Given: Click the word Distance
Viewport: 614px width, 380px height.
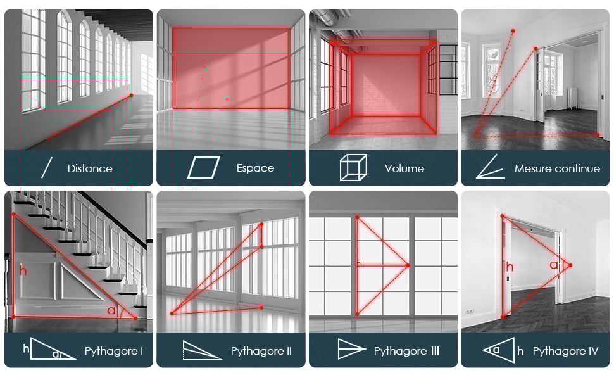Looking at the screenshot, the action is tap(90, 168).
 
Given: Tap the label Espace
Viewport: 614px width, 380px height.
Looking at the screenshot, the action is tap(255, 168).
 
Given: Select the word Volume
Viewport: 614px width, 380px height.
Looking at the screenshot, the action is tap(404, 168).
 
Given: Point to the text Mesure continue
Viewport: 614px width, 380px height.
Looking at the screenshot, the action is tap(557, 168).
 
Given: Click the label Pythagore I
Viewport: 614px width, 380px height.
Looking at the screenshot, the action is tap(114, 351).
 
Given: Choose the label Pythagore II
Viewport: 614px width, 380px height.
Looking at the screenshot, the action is tap(261, 351).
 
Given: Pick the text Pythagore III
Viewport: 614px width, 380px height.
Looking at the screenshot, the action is tap(406, 351).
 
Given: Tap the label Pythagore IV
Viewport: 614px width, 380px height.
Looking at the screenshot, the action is tap(565, 351).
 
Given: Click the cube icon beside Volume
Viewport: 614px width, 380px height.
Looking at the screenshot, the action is tap(353, 167).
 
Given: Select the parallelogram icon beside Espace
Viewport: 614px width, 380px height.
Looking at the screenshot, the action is tap(203, 168).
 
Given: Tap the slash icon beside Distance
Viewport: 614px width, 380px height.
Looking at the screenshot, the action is tap(47, 168).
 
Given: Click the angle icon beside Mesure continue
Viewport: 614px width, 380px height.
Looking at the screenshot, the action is tap(491, 167).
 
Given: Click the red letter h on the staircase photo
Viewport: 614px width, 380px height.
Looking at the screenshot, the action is tap(23, 270).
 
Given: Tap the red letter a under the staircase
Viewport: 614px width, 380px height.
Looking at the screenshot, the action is tap(111, 311).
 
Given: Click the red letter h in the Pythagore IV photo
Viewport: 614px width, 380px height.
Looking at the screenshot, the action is tap(510, 267).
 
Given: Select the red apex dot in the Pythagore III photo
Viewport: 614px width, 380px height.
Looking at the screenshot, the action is tap(408, 265).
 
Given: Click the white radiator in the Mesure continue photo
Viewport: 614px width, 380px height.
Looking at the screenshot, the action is tap(573, 98).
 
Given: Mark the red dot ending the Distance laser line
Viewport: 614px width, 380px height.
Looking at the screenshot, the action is tap(131, 95).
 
